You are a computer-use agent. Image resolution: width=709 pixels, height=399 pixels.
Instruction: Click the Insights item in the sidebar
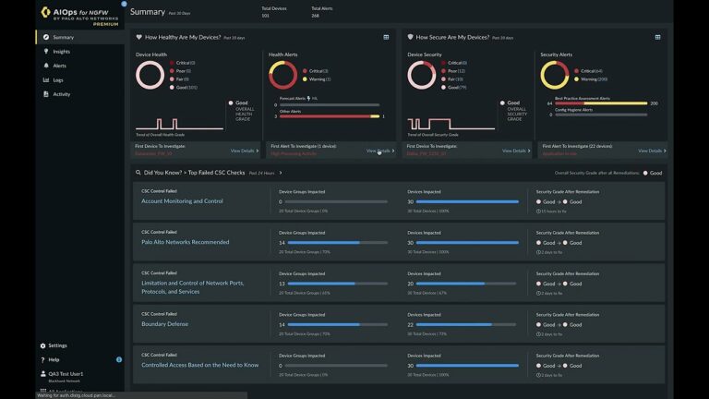pyautogui.click(x=61, y=52)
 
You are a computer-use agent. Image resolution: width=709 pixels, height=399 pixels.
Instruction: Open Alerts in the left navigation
pyautogui.click(x=59, y=66)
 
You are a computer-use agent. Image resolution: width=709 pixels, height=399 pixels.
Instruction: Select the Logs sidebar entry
pyautogui.click(x=58, y=80)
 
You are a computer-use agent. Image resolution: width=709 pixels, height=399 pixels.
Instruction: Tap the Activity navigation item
pyautogui.click(x=61, y=94)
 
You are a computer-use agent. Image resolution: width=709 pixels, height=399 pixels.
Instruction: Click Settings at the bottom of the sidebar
pyautogui.click(x=57, y=345)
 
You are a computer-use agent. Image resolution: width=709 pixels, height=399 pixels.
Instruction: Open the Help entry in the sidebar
pyautogui.click(x=54, y=359)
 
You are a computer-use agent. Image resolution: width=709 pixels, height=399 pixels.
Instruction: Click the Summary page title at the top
pyautogui.click(x=148, y=12)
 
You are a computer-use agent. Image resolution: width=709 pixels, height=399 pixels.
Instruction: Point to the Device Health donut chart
pyautogui.click(x=150, y=76)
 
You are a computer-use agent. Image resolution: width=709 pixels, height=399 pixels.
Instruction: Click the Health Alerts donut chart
pyautogui.click(x=282, y=76)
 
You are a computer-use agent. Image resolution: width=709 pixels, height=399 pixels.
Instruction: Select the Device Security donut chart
pyautogui.click(x=422, y=76)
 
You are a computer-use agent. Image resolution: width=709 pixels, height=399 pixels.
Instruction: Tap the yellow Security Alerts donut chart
pyautogui.click(x=555, y=76)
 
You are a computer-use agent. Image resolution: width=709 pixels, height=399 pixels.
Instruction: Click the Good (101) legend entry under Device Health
pyautogui.click(x=186, y=87)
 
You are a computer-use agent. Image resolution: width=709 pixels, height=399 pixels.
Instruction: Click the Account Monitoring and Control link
pyautogui.click(x=182, y=201)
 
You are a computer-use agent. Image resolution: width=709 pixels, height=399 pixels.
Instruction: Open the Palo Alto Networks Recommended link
pyautogui.click(x=185, y=242)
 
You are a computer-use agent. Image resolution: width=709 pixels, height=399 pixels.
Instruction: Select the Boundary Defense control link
pyautogui.click(x=166, y=324)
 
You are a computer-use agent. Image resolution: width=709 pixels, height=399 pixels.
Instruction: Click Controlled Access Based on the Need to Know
pyautogui.click(x=199, y=365)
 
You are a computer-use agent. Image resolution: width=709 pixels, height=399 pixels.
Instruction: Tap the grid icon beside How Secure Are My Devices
pyautogui.click(x=657, y=38)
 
